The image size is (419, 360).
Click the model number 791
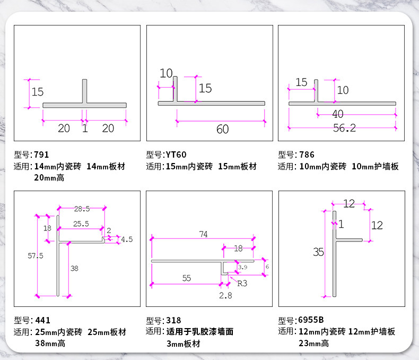41,155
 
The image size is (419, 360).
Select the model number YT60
176,155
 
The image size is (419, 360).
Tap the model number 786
307,155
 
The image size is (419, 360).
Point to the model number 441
43,320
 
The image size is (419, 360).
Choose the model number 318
173,320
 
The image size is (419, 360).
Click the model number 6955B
311,320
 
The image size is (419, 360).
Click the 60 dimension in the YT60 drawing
223,130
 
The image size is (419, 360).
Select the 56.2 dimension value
344,128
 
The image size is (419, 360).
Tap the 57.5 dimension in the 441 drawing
36,256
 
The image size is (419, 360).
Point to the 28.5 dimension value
82,209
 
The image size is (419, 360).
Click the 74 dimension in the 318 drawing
203,234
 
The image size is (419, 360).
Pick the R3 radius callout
242,284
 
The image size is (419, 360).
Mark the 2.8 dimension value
225,296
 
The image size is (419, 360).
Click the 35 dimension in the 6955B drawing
318,252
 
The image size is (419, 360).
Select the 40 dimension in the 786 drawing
338,114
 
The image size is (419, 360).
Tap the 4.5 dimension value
127,239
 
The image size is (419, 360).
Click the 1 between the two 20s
85,128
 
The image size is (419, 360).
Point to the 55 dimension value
187,278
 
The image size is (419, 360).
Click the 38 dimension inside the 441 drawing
74,268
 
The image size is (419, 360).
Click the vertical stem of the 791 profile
84,91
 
